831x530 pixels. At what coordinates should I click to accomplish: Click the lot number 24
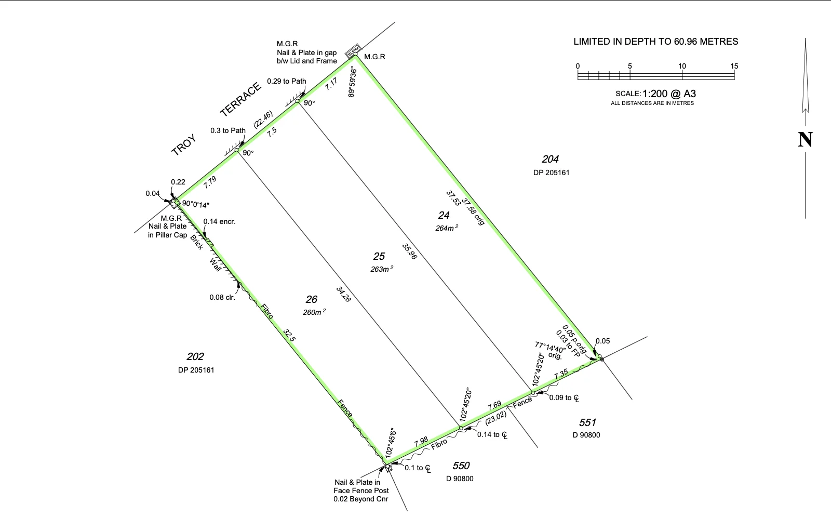[444, 215]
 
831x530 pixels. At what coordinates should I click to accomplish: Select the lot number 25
[379, 256]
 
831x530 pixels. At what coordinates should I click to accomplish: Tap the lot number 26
[311, 299]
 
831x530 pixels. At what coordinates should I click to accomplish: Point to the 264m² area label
[447, 228]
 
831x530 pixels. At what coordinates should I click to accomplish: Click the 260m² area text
[314, 312]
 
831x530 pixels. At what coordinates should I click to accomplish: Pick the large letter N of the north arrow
[805, 139]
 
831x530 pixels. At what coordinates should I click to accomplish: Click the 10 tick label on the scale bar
[682, 66]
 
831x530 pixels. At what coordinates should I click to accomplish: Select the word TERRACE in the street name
[240, 99]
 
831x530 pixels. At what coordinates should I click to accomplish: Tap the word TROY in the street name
[184, 145]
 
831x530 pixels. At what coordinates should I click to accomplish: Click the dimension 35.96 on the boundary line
[410, 251]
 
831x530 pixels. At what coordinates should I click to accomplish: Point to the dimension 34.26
[343, 294]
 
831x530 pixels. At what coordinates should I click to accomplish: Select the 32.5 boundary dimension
[289, 335]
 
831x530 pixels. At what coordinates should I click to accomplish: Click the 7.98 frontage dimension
[421, 442]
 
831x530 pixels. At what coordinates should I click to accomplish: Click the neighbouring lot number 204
[550, 160]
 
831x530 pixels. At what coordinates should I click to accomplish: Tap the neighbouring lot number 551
[587, 422]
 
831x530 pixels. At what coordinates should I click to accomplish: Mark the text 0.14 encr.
[219, 221]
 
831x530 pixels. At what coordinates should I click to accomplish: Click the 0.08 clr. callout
[222, 297]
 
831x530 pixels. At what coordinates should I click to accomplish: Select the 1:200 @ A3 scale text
[669, 94]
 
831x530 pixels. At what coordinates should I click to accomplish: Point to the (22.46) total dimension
[263, 120]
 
